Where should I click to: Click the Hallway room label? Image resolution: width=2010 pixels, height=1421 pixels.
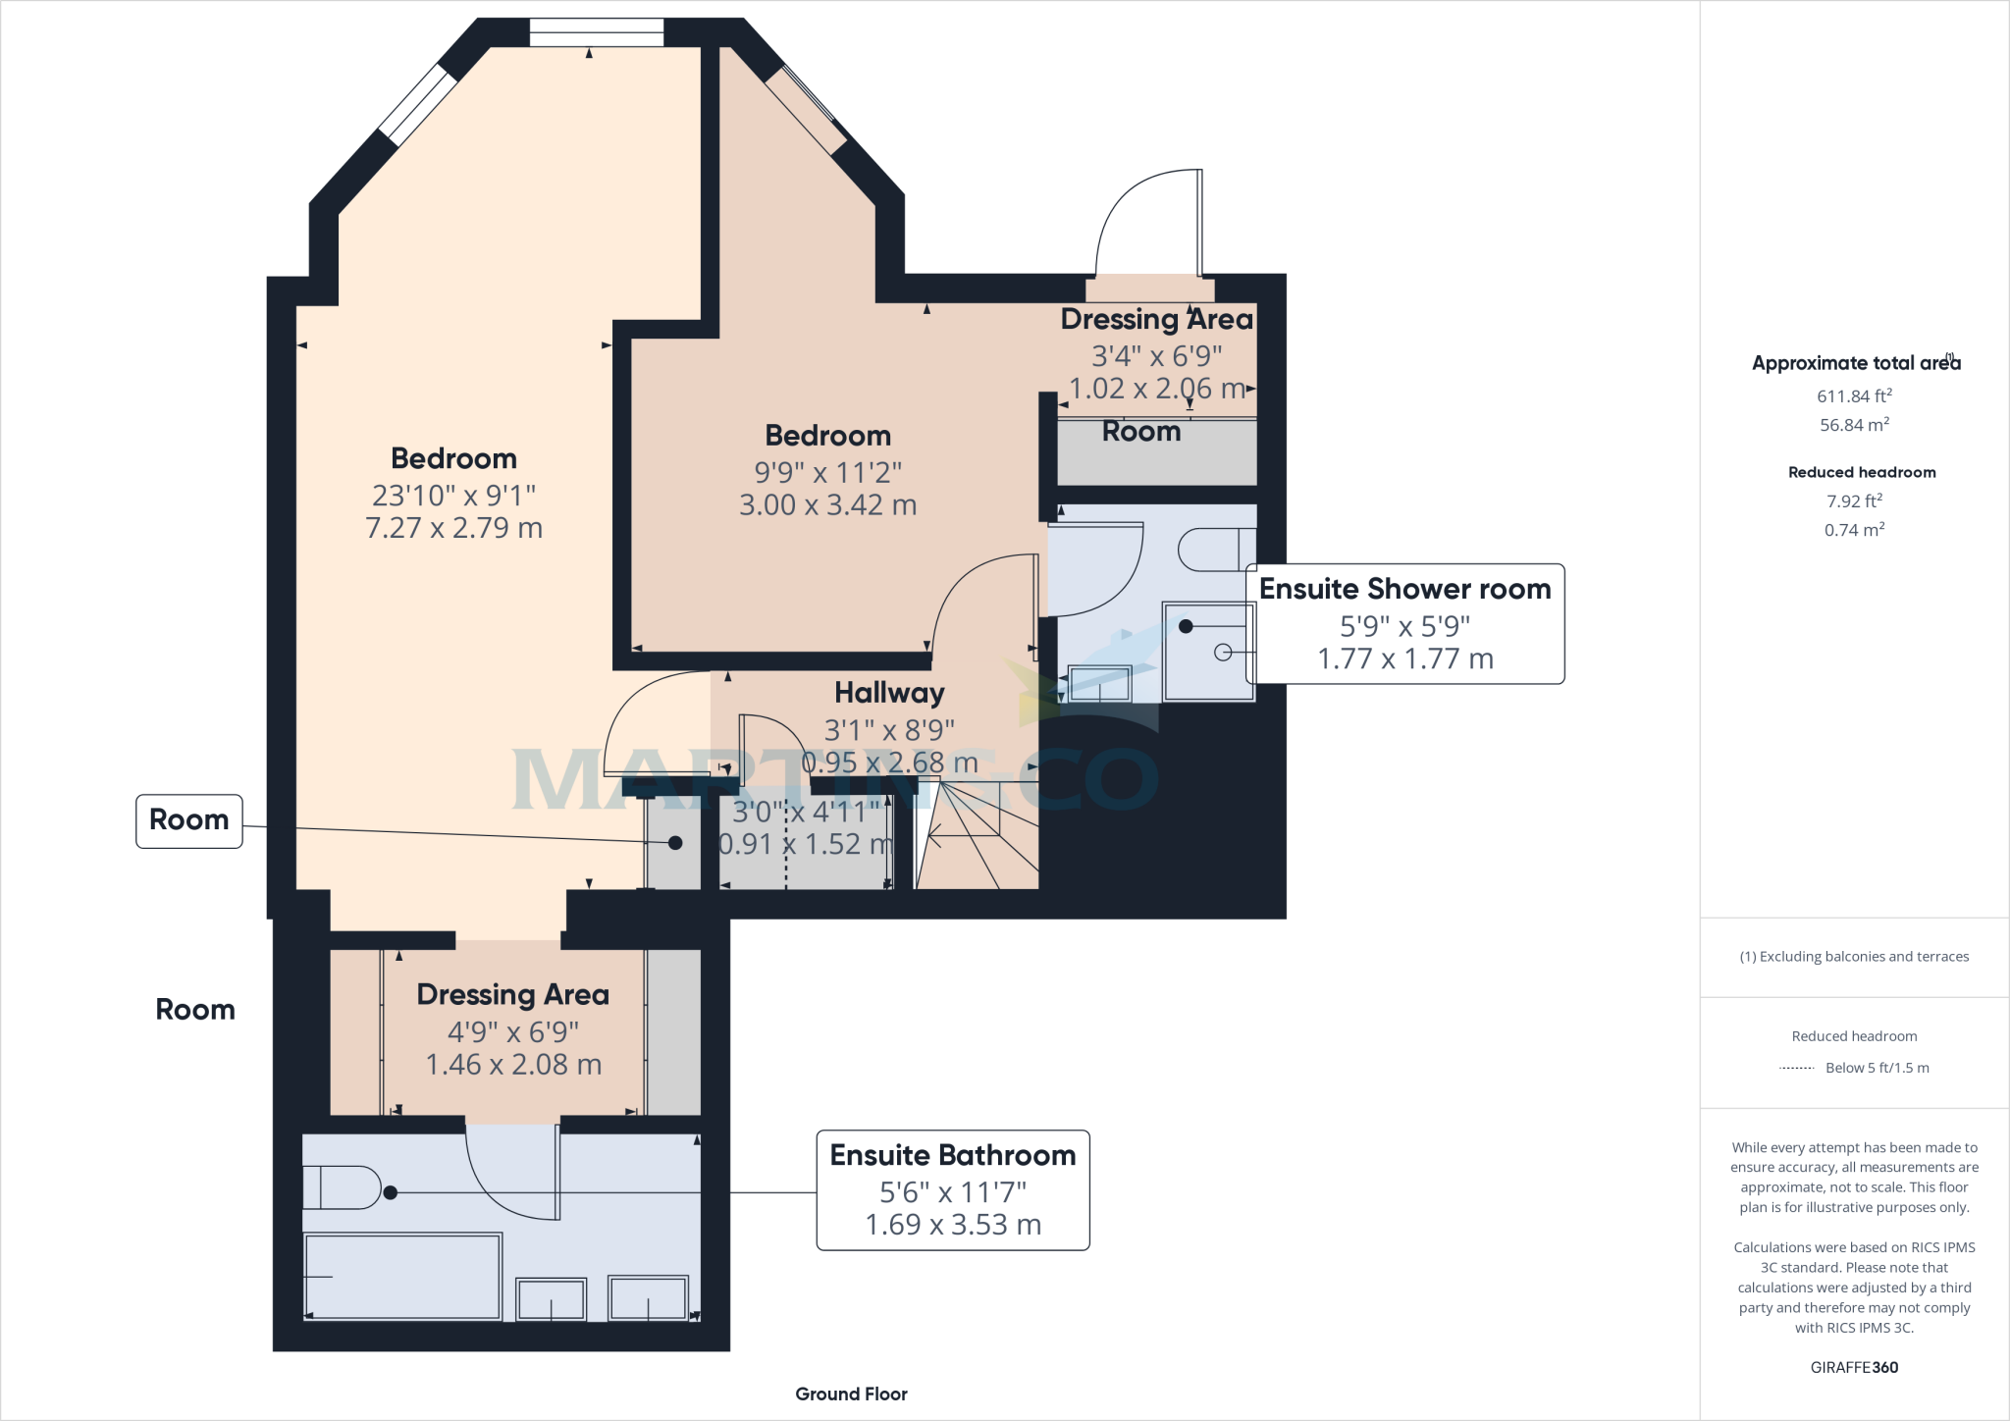click(889, 693)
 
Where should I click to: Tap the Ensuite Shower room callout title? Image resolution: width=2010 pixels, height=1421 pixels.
click(1404, 589)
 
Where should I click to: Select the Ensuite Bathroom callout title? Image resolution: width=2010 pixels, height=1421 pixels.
click(953, 1155)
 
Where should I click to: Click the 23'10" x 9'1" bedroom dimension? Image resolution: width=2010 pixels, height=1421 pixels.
click(453, 496)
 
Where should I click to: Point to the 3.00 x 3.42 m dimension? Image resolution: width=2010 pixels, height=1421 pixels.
click(827, 505)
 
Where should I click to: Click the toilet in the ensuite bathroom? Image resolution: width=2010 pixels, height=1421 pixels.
click(342, 1187)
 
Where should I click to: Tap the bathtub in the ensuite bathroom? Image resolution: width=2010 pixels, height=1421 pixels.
click(402, 1276)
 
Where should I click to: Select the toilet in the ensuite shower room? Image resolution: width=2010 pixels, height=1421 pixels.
click(1217, 550)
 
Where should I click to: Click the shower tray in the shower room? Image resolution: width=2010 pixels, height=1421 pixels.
click(1208, 652)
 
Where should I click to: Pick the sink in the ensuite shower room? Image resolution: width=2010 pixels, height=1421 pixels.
click(1099, 683)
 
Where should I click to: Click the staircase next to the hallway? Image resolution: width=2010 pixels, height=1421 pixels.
click(978, 836)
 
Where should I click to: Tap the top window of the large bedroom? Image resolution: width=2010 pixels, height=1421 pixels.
click(596, 32)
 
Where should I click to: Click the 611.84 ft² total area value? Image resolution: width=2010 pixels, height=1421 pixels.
click(1854, 396)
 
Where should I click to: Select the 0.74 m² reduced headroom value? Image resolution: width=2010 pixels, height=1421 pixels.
click(1854, 530)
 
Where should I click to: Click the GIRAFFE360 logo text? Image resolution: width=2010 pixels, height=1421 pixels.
click(1854, 1367)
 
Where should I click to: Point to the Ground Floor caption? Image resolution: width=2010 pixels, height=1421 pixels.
click(851, 1394)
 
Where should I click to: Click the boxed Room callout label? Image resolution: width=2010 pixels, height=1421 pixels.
click(189, 820)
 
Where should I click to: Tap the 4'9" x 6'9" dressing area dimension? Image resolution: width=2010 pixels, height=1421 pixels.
click(513, 1032)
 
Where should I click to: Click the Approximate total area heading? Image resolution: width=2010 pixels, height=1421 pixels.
click(1856, 363)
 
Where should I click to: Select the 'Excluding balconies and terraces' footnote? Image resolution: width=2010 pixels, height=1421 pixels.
click(1854, 957)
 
